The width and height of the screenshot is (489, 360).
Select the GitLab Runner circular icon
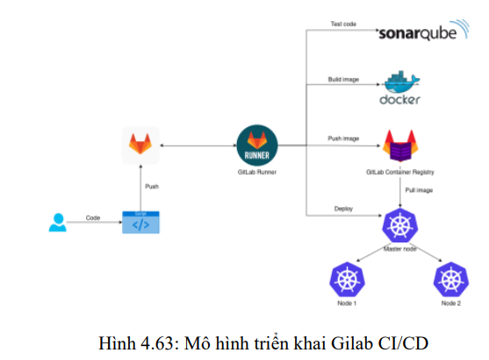click(257, 143)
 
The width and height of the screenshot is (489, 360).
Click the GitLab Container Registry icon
click(400, 146)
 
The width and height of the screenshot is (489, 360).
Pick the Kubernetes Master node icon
click(399, 227)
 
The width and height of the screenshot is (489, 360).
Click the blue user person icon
click(57, 224)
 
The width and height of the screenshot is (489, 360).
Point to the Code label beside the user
click(93, 217)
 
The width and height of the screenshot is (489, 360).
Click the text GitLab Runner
click(257, 172)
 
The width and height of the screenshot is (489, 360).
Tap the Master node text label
click(400, 251)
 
